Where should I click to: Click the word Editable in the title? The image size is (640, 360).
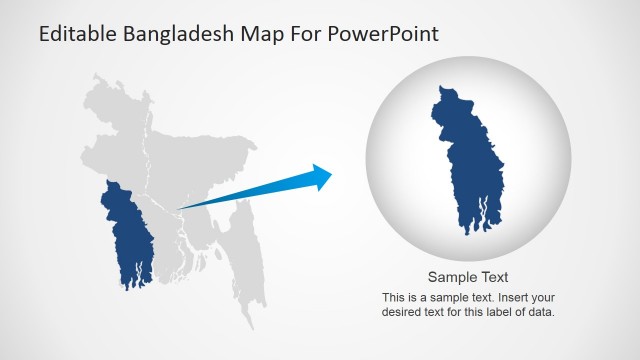click(78, 34)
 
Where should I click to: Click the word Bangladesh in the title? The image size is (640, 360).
click(178, 34)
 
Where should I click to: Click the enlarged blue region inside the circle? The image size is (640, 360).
click(469, 160)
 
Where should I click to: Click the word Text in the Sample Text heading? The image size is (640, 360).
click(494, 277)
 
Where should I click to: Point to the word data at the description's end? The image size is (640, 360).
click(539, 312)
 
